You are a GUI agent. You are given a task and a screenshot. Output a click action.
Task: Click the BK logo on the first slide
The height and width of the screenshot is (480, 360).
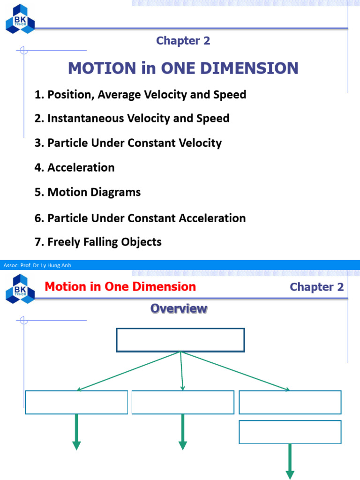coord(20,18)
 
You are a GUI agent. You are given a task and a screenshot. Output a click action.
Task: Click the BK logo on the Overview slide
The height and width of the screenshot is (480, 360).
coord(20,288)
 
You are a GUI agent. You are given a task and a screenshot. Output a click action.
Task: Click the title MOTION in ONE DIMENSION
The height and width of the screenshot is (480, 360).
coord(183,68)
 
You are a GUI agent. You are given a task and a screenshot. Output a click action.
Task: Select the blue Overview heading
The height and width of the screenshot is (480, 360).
coord(179,308)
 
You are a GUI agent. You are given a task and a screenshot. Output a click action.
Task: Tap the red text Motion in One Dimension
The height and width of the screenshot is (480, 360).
coord(120,286)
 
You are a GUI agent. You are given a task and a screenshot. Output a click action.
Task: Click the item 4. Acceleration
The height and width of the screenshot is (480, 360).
coord(75,167)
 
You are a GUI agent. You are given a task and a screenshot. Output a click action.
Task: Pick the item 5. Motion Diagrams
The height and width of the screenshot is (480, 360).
coord(88,192)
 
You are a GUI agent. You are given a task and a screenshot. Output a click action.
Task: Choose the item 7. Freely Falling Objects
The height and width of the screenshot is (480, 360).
coord(98,242)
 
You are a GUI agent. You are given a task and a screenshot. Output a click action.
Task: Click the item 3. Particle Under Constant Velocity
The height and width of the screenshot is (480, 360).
coord(128,143)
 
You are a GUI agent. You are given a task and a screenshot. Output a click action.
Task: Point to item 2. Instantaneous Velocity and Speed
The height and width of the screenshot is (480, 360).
coord(132,118)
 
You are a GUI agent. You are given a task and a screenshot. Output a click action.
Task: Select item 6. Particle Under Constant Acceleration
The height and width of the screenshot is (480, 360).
coord(140,218)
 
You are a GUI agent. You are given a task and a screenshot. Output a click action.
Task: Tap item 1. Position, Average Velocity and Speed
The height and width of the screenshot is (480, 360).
coord(140,94)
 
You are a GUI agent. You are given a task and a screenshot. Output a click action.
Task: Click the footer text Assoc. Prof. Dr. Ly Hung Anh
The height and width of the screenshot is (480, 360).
coord(37,265)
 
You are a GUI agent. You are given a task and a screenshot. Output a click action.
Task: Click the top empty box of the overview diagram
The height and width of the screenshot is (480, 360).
coord(180,340)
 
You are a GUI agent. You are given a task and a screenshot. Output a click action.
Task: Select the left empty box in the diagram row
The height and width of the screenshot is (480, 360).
coord(76,402)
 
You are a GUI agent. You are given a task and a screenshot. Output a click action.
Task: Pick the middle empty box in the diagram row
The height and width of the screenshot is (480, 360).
coord(183,402)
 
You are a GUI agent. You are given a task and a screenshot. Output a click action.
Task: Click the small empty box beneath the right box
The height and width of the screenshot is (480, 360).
coord(290,432)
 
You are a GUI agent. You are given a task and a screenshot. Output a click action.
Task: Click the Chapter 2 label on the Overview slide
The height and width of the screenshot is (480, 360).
coord(316,287)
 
